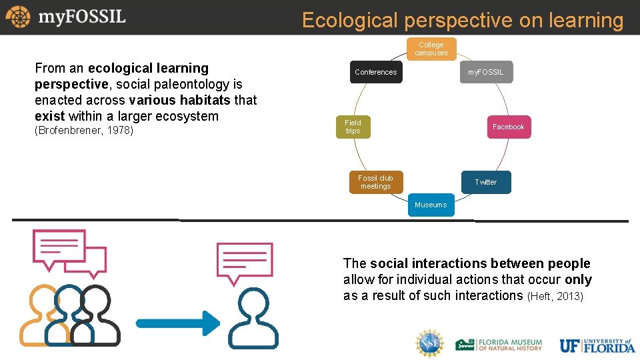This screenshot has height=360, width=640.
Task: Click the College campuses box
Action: click(431, 49)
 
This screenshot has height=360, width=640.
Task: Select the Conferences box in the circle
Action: click(375, 72)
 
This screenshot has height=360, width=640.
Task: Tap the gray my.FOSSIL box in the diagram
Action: click(486, 72)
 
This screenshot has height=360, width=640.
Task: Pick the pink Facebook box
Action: click(508, 127)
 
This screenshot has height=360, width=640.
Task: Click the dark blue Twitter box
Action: click(485, 182)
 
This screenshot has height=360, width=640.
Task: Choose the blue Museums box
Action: click(431, 205)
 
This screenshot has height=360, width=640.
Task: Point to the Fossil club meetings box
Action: click(375, 182)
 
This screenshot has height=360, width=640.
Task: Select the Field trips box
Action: click(353, 127)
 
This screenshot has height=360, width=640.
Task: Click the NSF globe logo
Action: click(429, 343)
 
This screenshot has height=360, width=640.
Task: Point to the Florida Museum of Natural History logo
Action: click(499, 344)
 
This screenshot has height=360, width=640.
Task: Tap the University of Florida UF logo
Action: click(597, 345)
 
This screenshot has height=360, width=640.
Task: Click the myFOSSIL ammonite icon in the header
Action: click(18, 17)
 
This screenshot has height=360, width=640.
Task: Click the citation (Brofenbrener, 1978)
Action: click(84, 131)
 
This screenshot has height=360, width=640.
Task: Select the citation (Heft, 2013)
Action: click(555, 296)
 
